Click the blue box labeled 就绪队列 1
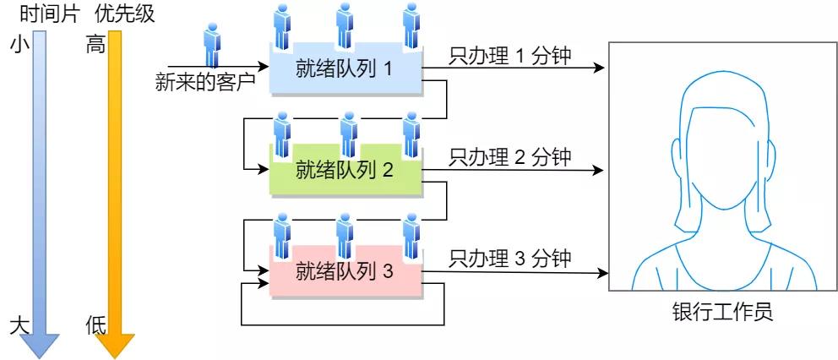pyautogui.click(x=345, y=68)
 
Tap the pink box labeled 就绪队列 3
pyautogui.click(x=345, y=272)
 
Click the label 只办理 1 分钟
pyautogui.click(x=510, y=56)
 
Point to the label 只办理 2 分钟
pyautogui.click(x=510, y=156)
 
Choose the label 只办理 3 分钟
pyautogui.click(x=510, y=258)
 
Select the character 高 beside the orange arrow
pyautogui.click(x=95, y=46)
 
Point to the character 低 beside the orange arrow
pyautogui.click(x=95, y=326)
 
